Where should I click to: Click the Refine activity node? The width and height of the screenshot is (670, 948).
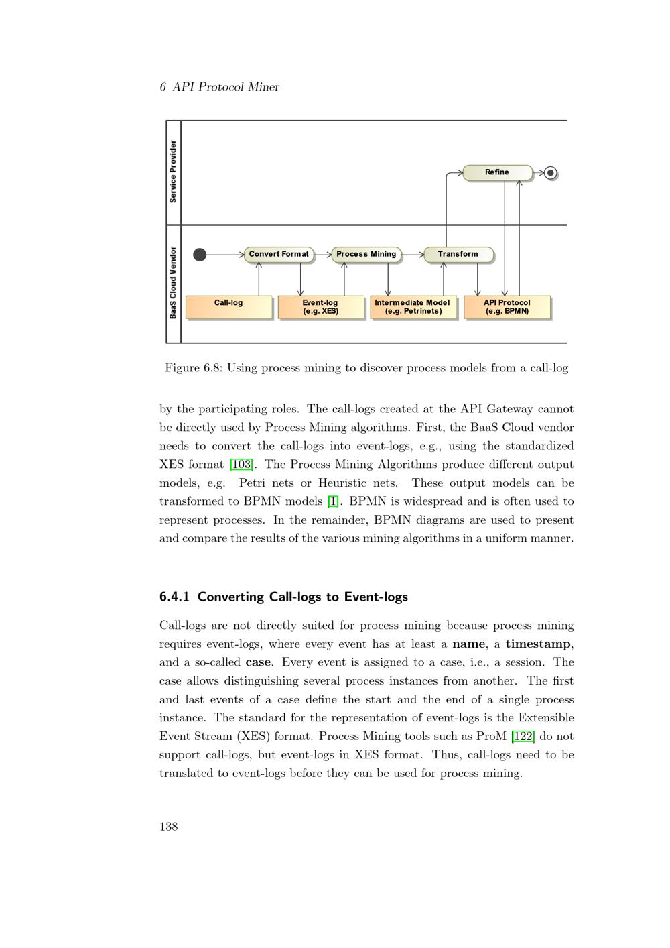pos(497,172)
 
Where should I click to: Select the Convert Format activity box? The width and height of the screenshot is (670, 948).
pos(279,254)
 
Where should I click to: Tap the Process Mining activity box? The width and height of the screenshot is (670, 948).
pos(366,254)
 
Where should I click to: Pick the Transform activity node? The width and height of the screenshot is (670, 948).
pos(458,254)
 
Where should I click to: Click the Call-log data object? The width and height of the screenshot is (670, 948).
pos(228,307)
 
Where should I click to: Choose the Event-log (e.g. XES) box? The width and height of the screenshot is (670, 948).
pos(320,307)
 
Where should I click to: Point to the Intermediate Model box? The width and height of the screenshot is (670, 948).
pos(413,307)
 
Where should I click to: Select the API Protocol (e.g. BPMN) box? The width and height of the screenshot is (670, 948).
pos(507,307)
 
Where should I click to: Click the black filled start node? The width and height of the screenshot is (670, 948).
pos(200,255)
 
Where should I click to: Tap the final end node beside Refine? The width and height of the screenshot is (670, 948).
pos(551,173)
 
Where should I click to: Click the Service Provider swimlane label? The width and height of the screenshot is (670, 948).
pos(173,172)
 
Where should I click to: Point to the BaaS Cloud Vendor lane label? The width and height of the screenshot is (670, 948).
pos(173,283)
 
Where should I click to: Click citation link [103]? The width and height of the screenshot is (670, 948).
pos(241,465)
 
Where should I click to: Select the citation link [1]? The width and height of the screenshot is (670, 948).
pos(333,501)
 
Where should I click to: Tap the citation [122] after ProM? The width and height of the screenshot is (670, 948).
pos(523,736)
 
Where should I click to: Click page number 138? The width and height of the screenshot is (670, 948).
pos(169,826)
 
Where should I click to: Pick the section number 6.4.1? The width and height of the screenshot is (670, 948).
pos(174,597)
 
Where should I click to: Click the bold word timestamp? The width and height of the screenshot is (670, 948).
pos(538,644)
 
